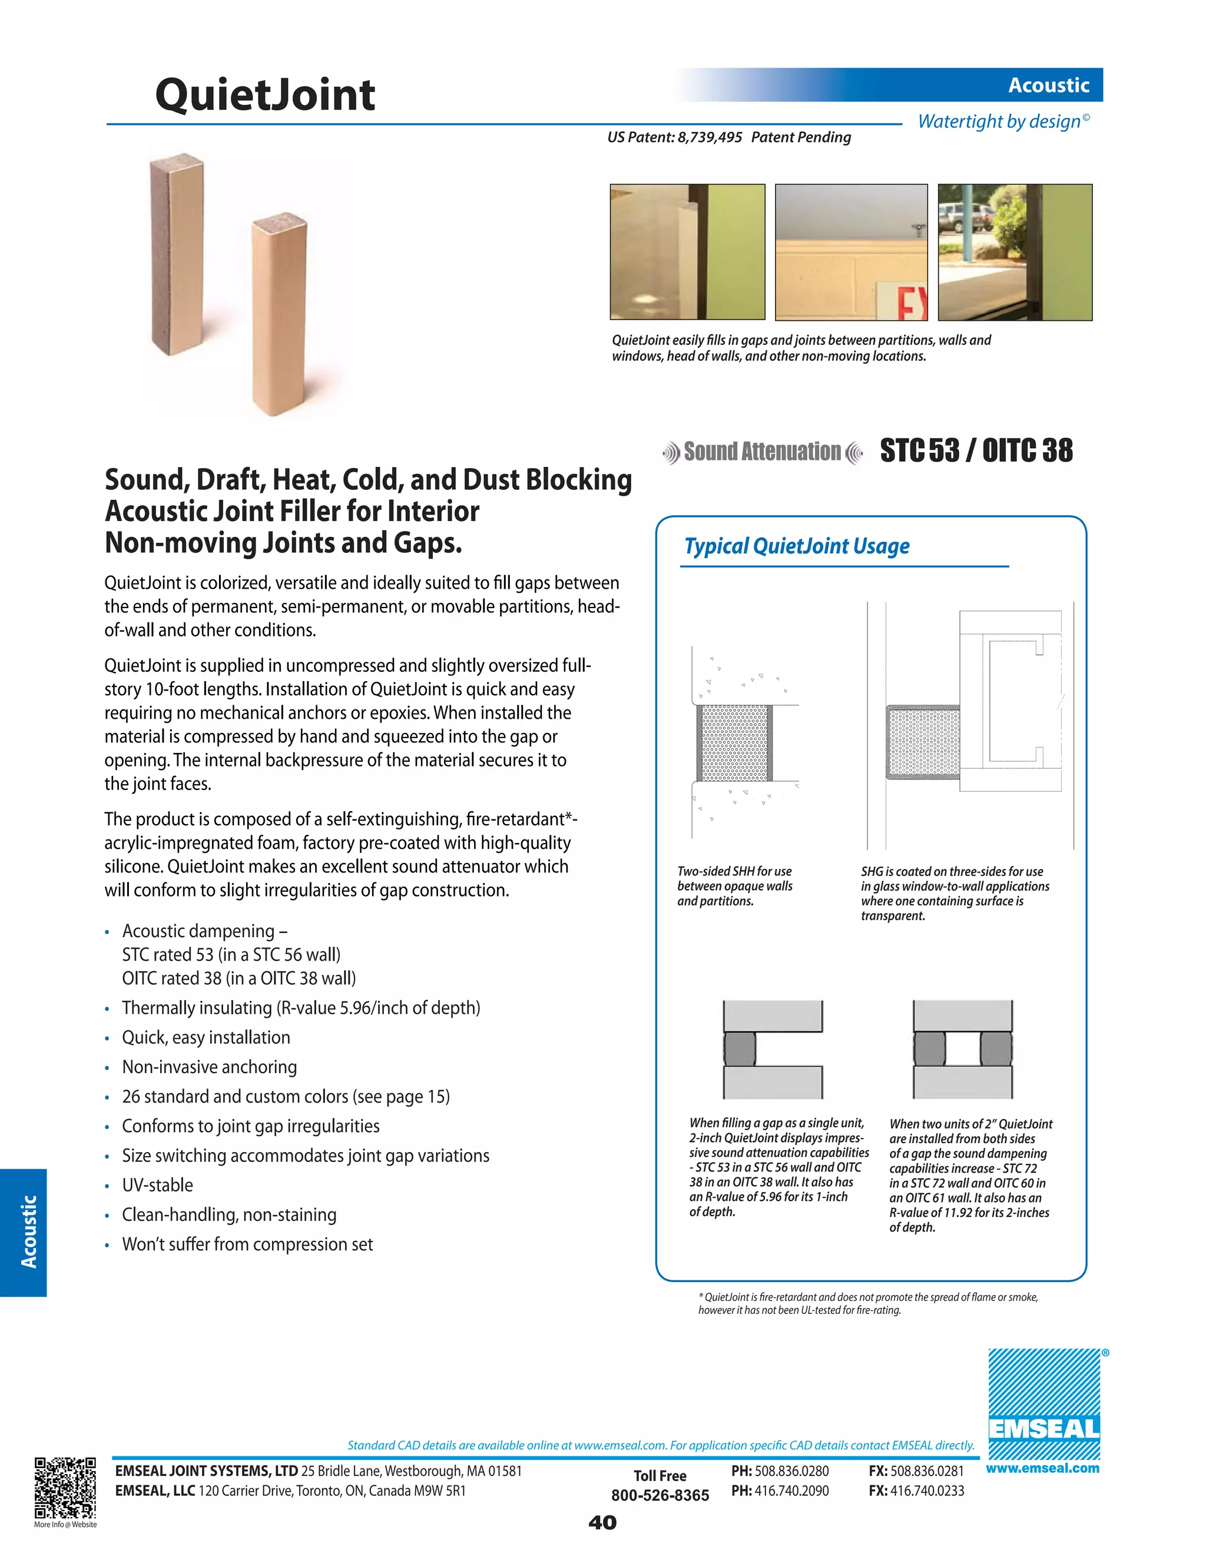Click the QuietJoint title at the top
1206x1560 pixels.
[x=264, y=95]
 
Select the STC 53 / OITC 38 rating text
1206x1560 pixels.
[x=975, y=451]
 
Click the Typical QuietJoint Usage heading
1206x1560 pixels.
[x=796, y=546]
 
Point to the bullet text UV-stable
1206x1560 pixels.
[x=157, y=1185]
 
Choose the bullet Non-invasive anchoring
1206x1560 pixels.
[x=209, y=1067]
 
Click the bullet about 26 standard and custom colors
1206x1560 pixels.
[x=286, y=1097]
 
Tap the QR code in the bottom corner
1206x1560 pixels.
[x=65, y=1488]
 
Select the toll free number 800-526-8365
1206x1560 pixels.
[x=660, y=1496]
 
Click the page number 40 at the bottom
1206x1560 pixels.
[x=602, y=1523]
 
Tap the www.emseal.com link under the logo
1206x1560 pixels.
[x=1042, y=1469]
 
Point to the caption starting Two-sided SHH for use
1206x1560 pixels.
[x=734, y=887]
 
